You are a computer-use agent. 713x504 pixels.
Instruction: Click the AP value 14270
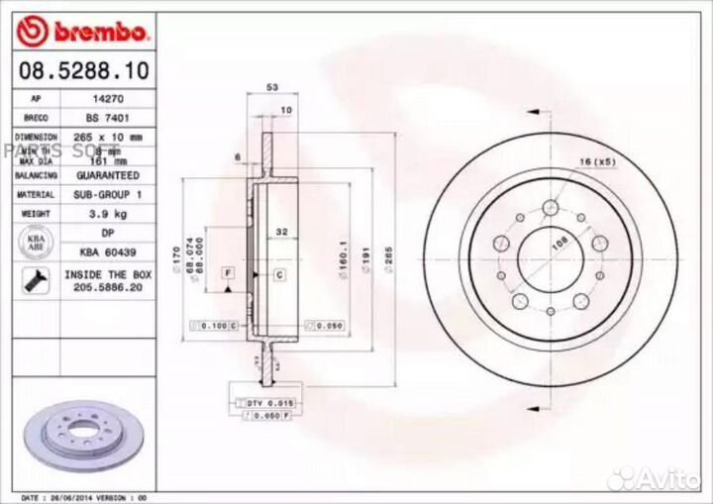tap(109, 100)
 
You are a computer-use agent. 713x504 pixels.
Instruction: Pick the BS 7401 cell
tap(109, 117)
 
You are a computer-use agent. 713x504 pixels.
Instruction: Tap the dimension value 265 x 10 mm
tap(109, 135)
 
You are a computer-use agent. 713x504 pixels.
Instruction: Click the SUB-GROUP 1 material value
tap(109, 194)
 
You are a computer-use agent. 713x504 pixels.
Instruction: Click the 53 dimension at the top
tap(271, 87)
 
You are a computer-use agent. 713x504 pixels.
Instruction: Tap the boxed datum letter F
tap(227, 271)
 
